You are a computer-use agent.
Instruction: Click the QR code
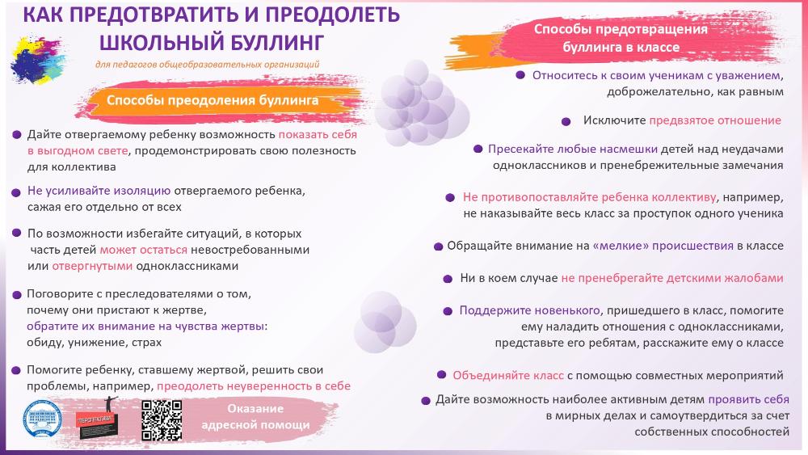(162, 420)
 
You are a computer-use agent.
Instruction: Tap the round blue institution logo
(43, 419)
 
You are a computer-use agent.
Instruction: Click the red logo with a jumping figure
(97, 418)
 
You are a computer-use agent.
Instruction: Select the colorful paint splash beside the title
(37, 59)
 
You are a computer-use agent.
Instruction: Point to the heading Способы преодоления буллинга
(213, 100)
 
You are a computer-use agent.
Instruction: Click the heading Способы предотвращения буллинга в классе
(621, 38)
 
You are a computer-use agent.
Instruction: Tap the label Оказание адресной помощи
(255, 416)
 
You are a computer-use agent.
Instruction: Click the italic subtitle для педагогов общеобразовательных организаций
(207, 65)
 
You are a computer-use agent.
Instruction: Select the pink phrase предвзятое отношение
(715, 120)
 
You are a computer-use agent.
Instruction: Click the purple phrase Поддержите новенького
(530, 310)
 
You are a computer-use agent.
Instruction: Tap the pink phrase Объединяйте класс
(508, 375)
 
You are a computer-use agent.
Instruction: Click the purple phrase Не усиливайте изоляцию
(99, 191)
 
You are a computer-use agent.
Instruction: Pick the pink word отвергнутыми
(92, 266)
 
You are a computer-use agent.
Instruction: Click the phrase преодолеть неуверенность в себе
(254, 386)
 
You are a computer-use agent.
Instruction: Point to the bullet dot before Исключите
(566, 121)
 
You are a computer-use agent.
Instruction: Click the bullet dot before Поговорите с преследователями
(16, 295)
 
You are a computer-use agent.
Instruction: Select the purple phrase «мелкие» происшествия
(663, 246)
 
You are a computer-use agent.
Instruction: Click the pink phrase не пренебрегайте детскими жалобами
(672, 278)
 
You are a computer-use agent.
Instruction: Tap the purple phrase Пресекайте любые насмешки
(573, 149)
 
